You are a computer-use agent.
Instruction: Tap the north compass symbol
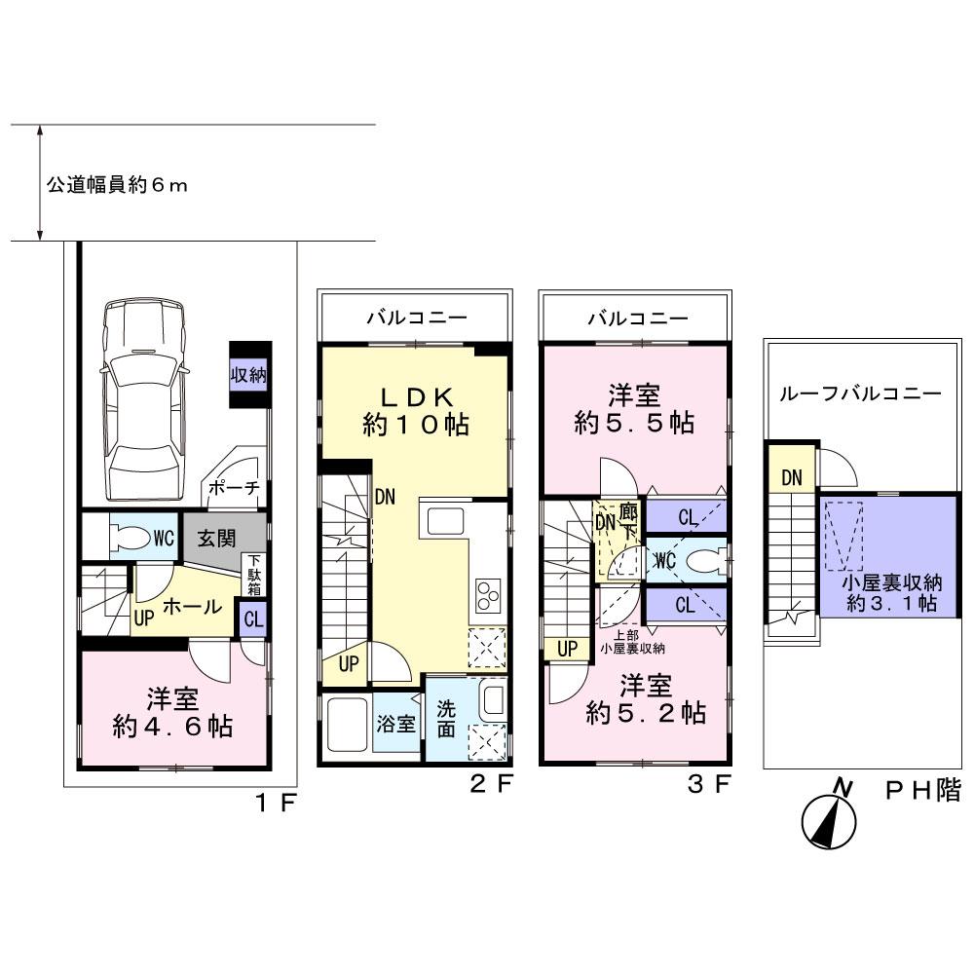(x=829, y=821)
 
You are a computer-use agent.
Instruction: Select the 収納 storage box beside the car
(x=249, y=375)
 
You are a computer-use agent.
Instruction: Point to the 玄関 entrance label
(x=218, y=537)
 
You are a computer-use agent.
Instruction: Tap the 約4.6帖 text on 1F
(x=172, y=726)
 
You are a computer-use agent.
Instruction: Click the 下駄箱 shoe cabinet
(x=252, y=576)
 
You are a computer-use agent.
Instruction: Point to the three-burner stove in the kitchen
(x=487, y=592)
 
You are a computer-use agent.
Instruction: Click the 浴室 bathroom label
(x=396, y=724)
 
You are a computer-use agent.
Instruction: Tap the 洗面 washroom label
(x=446, y=716)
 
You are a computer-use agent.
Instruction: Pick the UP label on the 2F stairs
(x=349, y=665)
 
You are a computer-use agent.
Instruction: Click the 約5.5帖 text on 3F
(x=634, y=425)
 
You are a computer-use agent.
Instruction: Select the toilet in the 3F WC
(x=702, y=561)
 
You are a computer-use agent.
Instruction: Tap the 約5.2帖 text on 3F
(x=646, y=713)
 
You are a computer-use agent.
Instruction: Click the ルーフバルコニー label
(x=860, y=394)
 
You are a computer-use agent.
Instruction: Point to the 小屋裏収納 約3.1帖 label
(x=892, y=594)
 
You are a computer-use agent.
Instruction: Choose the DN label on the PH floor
(x=791, y=477)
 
